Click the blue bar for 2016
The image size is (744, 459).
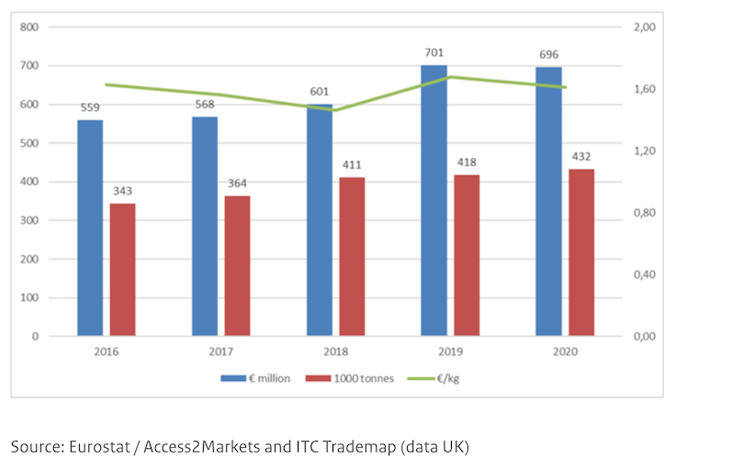tap(90, 228)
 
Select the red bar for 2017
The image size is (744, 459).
tap(237, 265)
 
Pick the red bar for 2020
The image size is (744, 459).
tap(581, 252)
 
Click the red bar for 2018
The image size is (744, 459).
tap(352, 256)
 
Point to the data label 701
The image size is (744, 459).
tap(434, 54)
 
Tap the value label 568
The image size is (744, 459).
tap(205, 105)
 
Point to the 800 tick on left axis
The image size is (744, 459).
tap(29, 27)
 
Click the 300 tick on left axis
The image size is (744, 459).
tap(29, 220)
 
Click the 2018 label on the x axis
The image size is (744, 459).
tap(335, 351)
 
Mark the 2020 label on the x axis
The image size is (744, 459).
tap(565, 351)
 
